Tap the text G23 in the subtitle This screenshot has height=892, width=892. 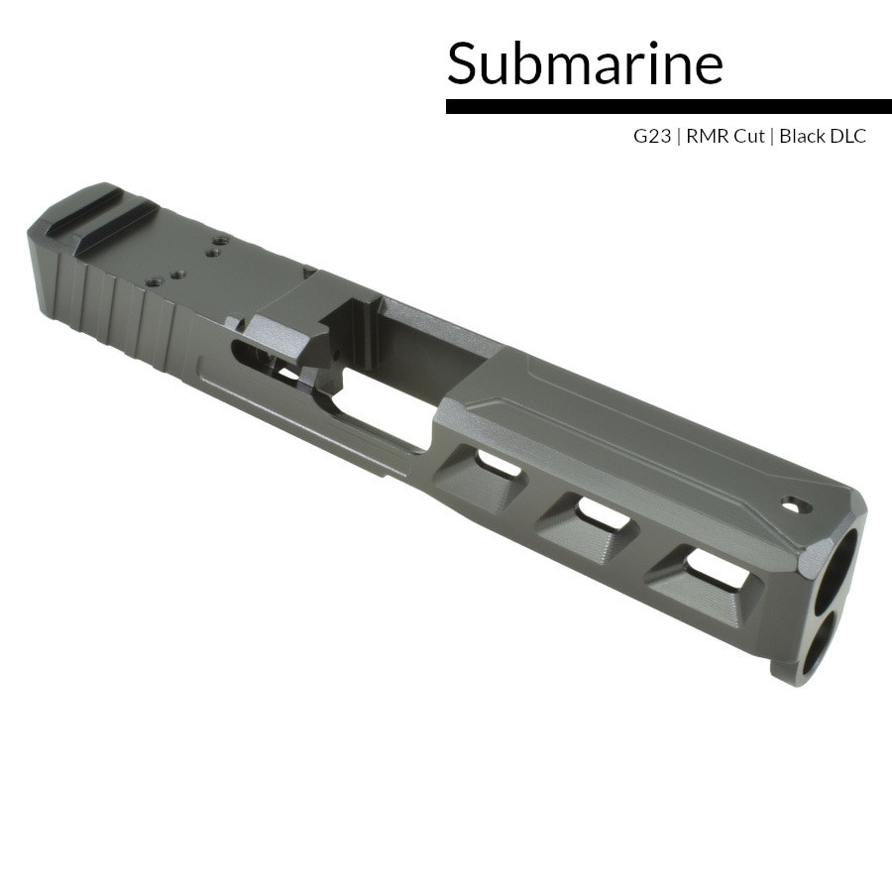(652, 137)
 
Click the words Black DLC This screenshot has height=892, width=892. (822, 137)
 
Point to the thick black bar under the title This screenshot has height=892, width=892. (668, 106)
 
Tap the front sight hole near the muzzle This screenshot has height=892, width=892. (796, 505)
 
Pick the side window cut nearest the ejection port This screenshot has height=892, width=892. (497, 462)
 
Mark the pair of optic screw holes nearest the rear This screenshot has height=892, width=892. (165, 280)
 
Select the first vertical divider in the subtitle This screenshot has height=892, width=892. (679, 137)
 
